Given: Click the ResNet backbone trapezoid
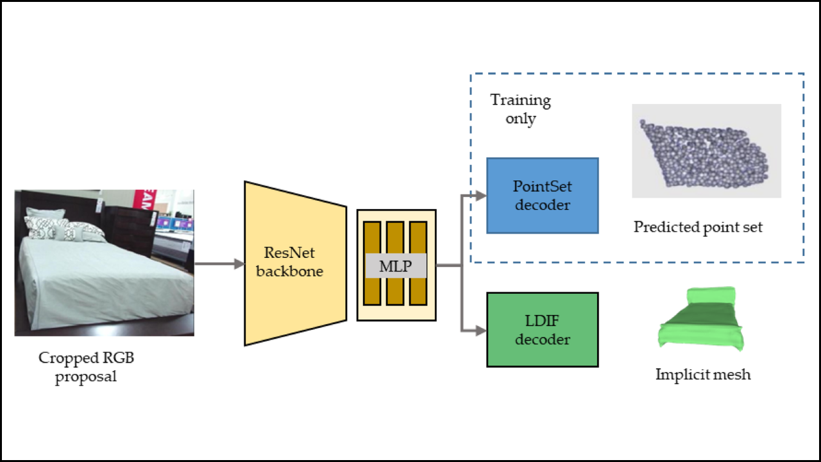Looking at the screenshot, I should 295,263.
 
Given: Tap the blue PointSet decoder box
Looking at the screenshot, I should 542,195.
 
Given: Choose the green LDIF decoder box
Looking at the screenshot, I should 542,330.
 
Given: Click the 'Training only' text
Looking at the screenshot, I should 520,109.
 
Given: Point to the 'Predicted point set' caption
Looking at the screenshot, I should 698,227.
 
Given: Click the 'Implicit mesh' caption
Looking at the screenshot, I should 702,375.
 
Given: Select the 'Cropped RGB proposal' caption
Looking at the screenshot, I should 86,367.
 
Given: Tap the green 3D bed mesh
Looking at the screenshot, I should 702,319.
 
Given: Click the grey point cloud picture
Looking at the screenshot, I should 706,151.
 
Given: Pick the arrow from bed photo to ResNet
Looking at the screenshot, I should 219,263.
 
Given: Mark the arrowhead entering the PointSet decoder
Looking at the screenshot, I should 481,195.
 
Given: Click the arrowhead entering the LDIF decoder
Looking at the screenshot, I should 481,330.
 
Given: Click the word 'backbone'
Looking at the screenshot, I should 289,271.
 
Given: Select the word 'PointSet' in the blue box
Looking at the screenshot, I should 542,187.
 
